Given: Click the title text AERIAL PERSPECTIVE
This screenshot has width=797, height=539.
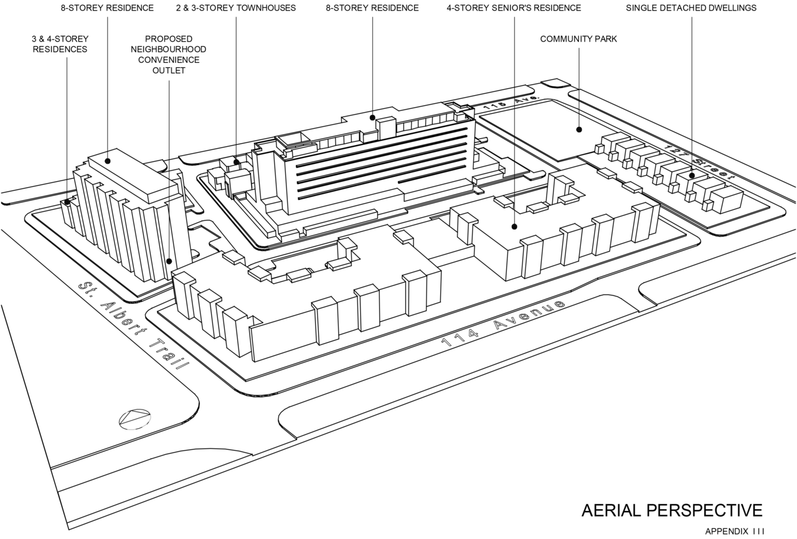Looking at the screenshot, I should coord(672,510).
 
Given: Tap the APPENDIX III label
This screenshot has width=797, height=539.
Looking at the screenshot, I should coord(734,532).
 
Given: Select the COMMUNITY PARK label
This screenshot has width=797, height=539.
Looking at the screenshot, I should coord(578,39).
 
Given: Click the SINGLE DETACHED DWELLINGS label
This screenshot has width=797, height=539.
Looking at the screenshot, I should coord(691,8).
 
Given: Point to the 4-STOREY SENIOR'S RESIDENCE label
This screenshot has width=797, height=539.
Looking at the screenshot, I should coord(514,8).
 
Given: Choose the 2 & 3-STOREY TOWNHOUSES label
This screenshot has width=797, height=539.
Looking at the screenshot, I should coord(236,8).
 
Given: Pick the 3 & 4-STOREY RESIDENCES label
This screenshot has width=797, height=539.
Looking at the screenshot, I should coord(60,44).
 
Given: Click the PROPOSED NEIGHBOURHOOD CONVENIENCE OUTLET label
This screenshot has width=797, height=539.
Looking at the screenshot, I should coord(169,55).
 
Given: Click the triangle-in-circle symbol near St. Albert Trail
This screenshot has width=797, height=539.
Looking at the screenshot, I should coord(136,418).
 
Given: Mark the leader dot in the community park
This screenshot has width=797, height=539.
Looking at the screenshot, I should coord(579,129).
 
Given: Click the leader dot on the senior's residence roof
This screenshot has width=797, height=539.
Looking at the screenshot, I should coord(514,227).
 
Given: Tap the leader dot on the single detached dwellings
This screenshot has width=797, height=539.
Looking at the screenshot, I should coord(692,176).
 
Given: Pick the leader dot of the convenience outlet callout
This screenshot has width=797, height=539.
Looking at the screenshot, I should coord(169,262).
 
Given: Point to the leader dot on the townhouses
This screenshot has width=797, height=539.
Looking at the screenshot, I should coord(236,162).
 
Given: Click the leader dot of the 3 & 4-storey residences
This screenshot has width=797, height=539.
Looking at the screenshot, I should coord(67,202).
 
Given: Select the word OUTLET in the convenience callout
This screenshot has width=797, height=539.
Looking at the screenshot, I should coord(169,70).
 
